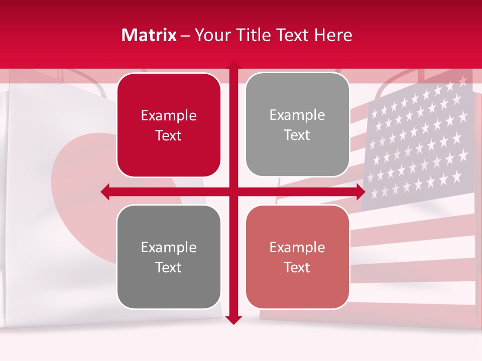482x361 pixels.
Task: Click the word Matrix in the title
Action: (x=149, y=35)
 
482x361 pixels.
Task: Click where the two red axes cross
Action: (x=233, y=192)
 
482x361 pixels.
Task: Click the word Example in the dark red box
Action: (x=169, y=116)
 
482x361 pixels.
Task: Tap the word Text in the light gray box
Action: (x=297, y=135)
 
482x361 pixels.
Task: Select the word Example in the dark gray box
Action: (x=169, y=248)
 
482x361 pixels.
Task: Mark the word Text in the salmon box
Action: (x=297, y=267)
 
